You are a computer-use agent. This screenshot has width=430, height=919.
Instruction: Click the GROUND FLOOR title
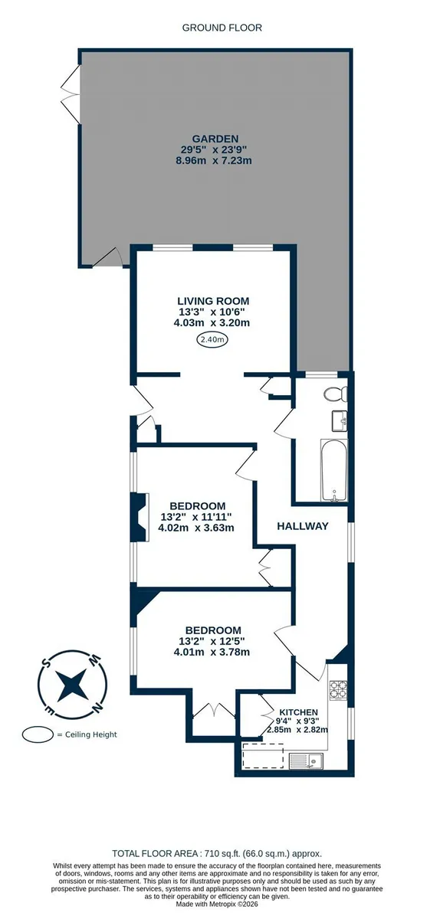tap(222, 28)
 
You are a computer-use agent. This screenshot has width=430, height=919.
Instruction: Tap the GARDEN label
tap(215, 139)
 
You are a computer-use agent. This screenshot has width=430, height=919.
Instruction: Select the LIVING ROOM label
tap(213, 301)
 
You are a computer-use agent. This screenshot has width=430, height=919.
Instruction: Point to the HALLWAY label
tap(303, 526)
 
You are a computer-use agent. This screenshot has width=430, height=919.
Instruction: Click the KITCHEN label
tap(299, 713)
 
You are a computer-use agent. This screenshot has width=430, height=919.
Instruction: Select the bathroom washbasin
tap(340, 420)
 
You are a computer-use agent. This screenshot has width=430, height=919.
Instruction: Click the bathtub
tap(334, 470)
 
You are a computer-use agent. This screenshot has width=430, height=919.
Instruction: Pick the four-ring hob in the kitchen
tap(338, 690)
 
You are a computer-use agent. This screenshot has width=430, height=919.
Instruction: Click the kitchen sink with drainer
tap(306, 761)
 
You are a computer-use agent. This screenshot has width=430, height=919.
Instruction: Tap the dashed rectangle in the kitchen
tap(263, 756)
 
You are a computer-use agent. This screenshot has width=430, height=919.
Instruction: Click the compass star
tap(73, 685)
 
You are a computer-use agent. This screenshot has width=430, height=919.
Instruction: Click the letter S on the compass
tap(48, 662)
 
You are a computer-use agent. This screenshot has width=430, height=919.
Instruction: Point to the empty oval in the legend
tap(38, 734)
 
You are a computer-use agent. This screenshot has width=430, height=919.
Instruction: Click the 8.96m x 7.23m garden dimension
tap(214, 160)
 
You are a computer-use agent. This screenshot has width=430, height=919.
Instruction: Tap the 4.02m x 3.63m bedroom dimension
tap(196, 528)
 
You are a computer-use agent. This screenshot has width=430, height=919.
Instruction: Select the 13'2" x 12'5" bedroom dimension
tap(212, 641)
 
